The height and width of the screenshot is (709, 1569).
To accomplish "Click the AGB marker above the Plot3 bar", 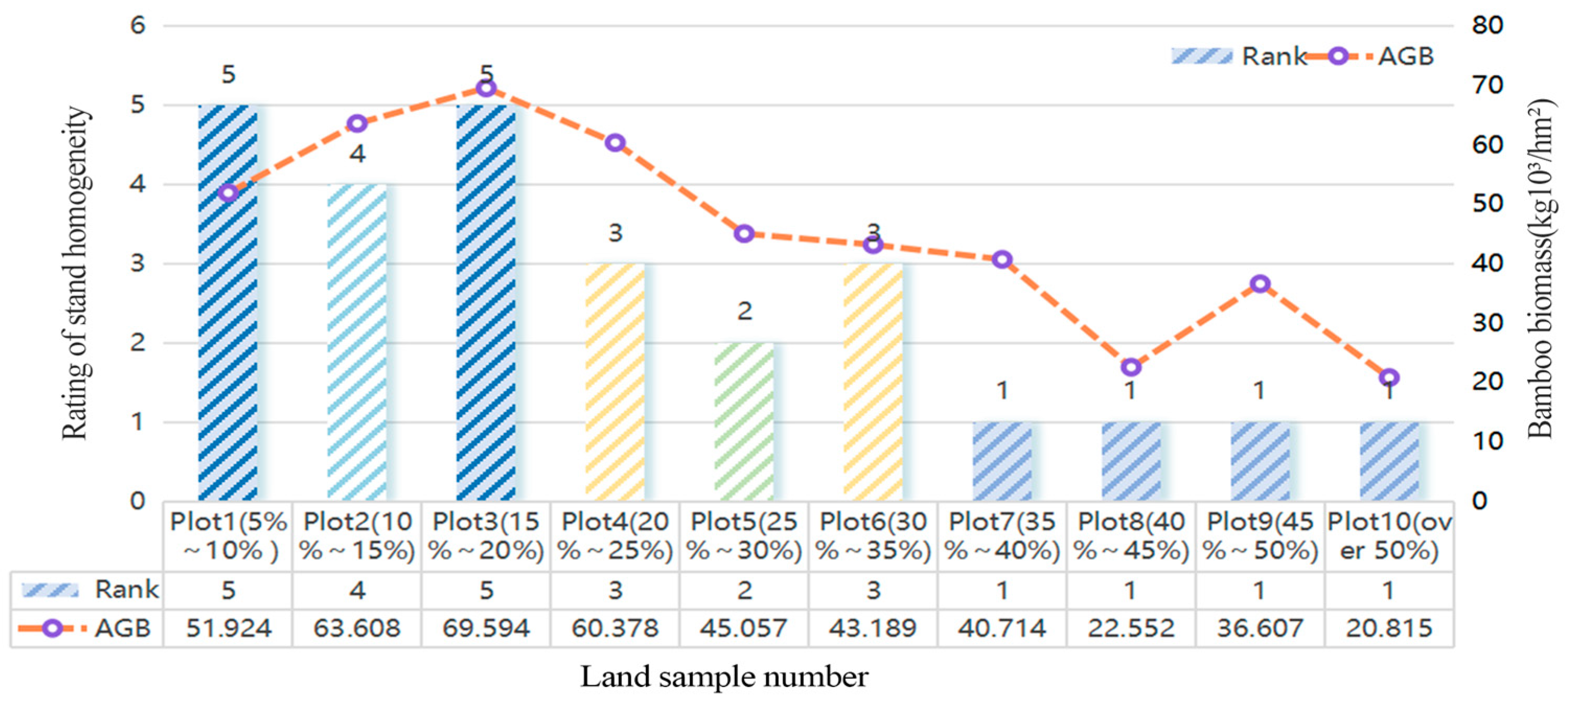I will pyautogui.click(x=486, y=88).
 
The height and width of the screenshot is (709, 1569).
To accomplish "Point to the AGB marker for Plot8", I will pyautogui.click(x=1131, y=367).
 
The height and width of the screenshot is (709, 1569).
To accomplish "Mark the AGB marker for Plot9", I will pyautogui.click(x=1260, y=283).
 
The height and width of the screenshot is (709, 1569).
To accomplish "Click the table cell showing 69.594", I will pyautogui.click(x=486, y=628).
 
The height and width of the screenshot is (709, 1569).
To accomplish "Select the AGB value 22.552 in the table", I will pyautogui.click(x=1131, y=628).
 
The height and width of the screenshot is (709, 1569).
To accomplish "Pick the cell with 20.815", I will pyautogui.click(x=1389, y=628).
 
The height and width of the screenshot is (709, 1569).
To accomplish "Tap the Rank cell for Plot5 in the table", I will pyautogui.click(x=744, y=590).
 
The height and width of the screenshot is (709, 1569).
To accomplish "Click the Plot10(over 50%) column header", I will pyautogui.click(x=1389, y=536).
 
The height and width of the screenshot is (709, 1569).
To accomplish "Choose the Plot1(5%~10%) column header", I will pyautogui.click(x=228, y=536).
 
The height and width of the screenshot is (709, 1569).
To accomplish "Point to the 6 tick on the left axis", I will pyautogui.click(x=139, y=26).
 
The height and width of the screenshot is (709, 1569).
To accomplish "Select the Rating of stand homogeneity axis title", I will pyautogui.click(x=76, y=273).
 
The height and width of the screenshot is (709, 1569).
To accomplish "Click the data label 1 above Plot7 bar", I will pyautogui.click(x=1002, y=390).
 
